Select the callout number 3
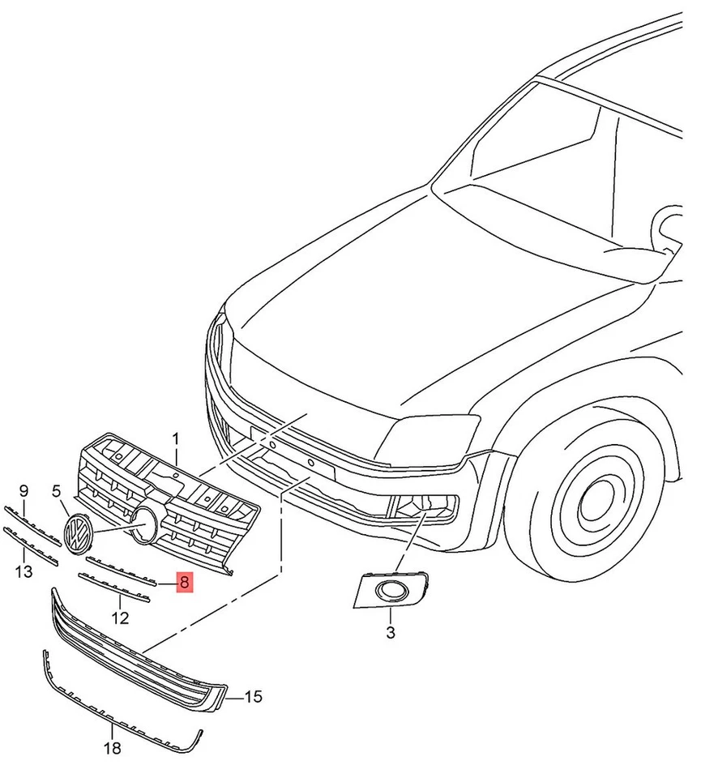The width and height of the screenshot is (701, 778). pyautogui.click(x=390, y=632)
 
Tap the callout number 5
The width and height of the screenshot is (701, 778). pyautogui.click(x=57, y=491)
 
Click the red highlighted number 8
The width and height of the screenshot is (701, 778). pyautogui.click(x=185, y=581)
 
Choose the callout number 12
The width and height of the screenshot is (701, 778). pyautogui.click(x=120, y=618)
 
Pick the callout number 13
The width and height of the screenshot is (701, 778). pyautogui.click(x=24, y=572)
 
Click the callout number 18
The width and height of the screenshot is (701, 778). pyautogui.click(x=113, y=748)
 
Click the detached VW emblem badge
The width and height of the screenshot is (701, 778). pyautogui.click(x=79, y=535)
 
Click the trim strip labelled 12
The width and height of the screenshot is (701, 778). pyautogui.click(x=113, y=587)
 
